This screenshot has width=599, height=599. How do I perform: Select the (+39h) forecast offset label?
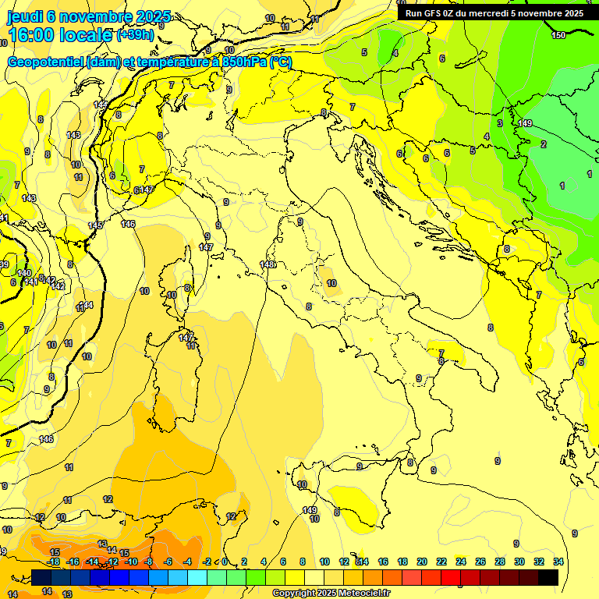coord(135,35)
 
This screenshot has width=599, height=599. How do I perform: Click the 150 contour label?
coord(558,35)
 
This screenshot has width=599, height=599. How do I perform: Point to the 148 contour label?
coord(267,265)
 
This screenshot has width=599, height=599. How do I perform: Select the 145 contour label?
coord(95,225)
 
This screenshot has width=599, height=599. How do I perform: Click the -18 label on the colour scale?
coord(54,562)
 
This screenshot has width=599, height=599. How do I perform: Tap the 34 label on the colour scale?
coord(558,562)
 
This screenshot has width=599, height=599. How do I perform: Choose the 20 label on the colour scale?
coord(422,562)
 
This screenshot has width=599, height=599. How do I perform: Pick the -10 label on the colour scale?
coord(132,562)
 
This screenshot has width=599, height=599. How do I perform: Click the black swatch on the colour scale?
coord(548,578)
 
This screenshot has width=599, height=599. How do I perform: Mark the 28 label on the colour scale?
coord(500,562)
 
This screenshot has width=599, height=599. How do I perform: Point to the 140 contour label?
coord(24,274)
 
